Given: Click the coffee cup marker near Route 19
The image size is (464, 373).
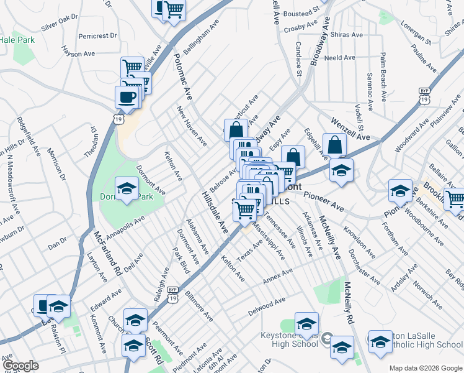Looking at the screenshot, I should (x=127, y=97).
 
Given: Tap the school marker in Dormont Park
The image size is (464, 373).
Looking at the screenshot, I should (x=127, y=188).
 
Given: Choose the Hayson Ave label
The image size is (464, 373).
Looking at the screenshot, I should (x=78, y=54).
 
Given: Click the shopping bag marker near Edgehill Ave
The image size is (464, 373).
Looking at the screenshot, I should (x=334, y=145).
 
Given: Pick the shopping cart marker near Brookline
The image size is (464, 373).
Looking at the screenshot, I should (x=455, y=199).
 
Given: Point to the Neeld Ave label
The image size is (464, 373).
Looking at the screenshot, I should (x=339, y=58).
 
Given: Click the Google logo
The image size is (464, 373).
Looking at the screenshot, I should (x=20, y=366).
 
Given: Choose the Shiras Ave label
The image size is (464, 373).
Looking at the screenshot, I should (x=347, y=35).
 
